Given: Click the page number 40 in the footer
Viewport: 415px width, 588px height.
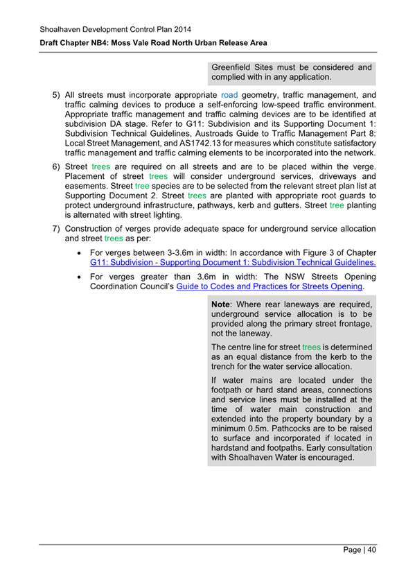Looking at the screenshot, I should [x=371, y=550].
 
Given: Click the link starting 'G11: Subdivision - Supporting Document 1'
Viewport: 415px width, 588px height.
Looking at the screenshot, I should [x=233, y=263].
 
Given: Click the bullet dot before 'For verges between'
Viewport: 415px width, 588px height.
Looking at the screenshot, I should [x=82, y=253].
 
